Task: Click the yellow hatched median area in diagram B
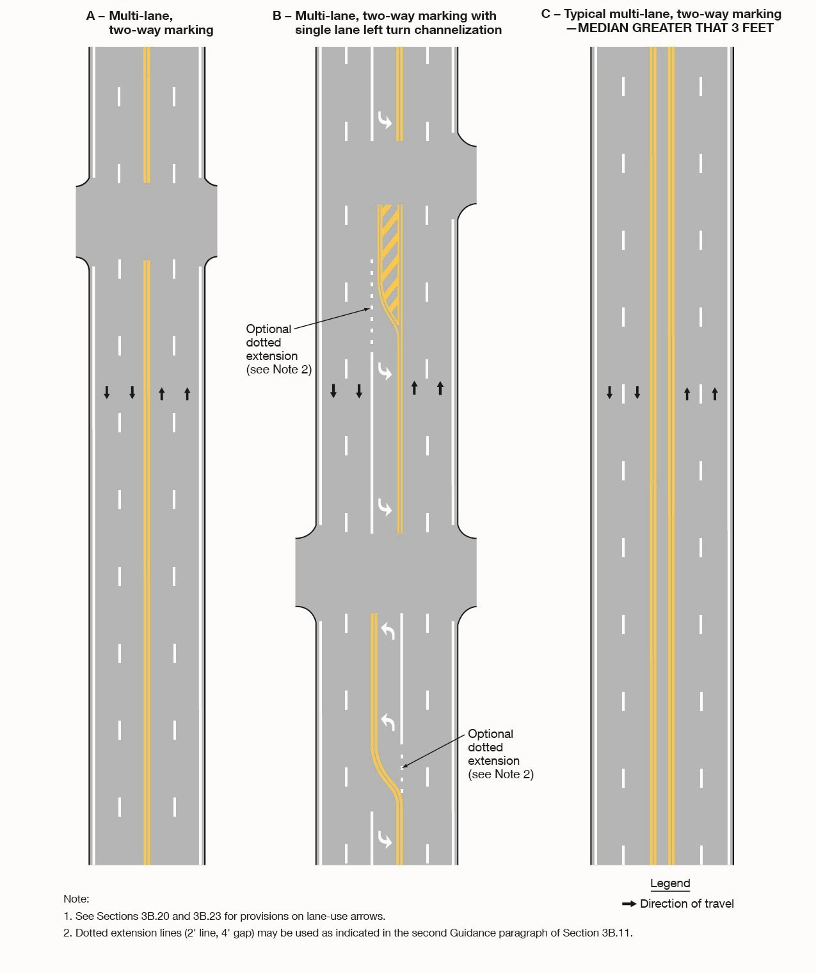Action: [x=388, y=256]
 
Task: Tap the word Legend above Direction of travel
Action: [x=670, y=883]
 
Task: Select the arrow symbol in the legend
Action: [x=629, y=904]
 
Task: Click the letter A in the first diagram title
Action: [x=91, y=15]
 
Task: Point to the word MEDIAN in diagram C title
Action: [x=603, y=28]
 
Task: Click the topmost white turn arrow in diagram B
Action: [x=385, y=120]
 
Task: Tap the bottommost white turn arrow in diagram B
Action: [x=385, y=838]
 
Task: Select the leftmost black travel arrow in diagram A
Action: [x=107, y=393]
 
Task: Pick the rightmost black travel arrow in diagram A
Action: [x=187, y=393]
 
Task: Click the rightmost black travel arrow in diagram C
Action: [x=715, y=393]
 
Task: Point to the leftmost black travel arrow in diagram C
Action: [x=609, y=393]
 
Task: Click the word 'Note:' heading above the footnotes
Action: [x=76, y=899]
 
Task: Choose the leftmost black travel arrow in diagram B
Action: [x=333, y=390]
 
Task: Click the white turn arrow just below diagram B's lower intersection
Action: [x=388, y=631]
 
